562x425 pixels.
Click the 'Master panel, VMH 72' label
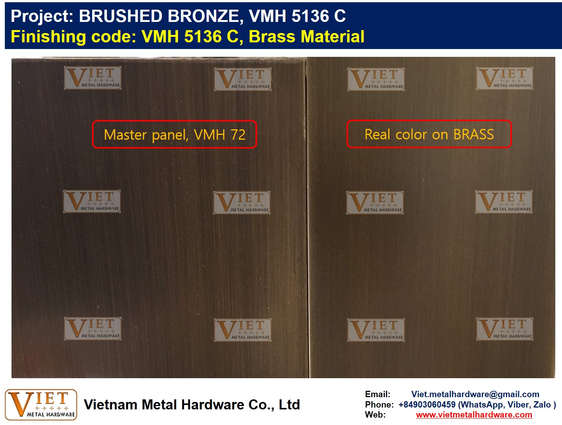pos(175,134)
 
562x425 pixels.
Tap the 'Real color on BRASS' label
pos(429,134)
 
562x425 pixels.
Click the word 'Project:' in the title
pos(42,16)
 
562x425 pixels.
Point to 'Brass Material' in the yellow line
pos(306,36)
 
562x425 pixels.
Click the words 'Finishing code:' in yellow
pos(74,37)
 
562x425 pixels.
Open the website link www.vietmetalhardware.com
pos(474,415)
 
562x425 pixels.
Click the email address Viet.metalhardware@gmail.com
pos(475,394)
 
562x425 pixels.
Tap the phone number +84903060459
pos(427,405)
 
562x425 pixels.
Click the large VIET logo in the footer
pos(41,405)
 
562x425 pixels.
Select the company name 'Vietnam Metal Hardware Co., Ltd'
pos(192,405)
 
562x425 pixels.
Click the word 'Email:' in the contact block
pos(378,394)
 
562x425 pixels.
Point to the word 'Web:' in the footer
pos(375,415)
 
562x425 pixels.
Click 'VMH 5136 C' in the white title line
pos(297,16)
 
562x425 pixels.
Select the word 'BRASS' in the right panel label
pos(474,134)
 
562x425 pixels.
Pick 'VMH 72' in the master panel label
pos(220,134)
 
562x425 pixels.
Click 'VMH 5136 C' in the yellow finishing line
pos(190,36)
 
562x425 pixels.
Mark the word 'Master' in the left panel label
pos(125,134)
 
